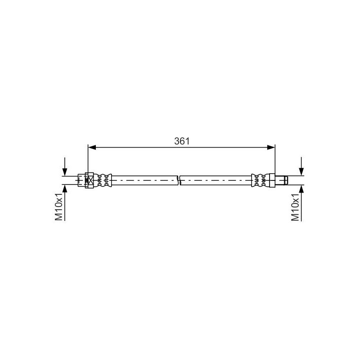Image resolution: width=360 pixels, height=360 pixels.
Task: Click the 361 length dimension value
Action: point(182,141)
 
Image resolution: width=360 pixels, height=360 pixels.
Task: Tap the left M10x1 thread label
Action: point(59,207)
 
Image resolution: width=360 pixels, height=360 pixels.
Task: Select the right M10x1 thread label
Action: point(295,207)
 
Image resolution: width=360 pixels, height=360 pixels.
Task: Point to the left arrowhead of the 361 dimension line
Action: point(92,148)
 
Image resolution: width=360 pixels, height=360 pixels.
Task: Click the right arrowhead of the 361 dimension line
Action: point(271,148)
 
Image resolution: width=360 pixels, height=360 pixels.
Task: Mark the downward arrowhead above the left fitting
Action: point(65,172)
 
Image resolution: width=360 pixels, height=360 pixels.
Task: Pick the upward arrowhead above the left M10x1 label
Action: point(65,189)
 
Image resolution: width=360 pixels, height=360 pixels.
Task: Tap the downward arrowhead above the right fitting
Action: point(301,172)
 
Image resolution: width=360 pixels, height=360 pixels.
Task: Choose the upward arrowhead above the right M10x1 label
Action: point(301,189)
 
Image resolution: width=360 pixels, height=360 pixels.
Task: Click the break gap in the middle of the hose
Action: point(179,180)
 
